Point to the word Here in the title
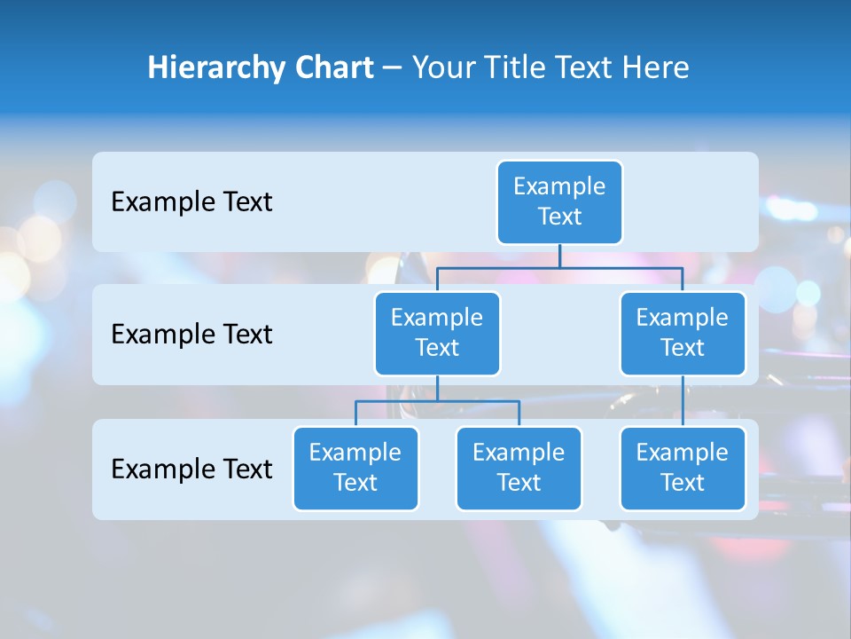pyautogui.click(x=656, y=68)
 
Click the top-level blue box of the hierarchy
pyautogui.click(x=559, y=202)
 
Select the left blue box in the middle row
pyautogui.click(x=437, y=334)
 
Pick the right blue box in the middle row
pyautogui.click(x=683, y=334)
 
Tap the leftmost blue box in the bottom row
pyautogui.click(x=355, y=469)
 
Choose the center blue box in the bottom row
pyautogui.click(x=519, y=469)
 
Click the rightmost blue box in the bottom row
pyautogui.click(x=683, y=469)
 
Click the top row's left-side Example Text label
pyautogui.click(x=191, y=202)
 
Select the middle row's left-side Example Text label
pyautogui.click(x=191, y=335)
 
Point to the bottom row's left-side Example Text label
pyautogui.click(x=191, y=469)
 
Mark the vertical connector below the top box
pyautogui.click(x=559, y=256)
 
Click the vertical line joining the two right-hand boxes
pyautogui.click(x=683, y=401)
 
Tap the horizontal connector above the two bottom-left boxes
pyautogui.click(x=437, y=401)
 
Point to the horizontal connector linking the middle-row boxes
pyautogui.click(x=559, y=267)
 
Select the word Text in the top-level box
pyautogui.click(x=559, y=217)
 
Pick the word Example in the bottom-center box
pyautogui.click(x=519, y=454)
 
